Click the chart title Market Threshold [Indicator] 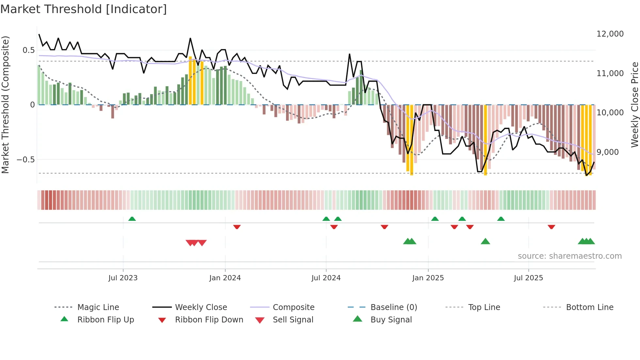coord(84,9)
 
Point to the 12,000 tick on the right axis coord(610,34)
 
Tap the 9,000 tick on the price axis coord(607,152)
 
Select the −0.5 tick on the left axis coord(25,160)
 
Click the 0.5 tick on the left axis coord(28,50)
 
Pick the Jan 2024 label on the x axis coord(225,278)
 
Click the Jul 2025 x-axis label coord(528,278)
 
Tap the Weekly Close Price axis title coord(634,105)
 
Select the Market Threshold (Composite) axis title coord(5,105)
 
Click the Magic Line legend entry coord(98,307)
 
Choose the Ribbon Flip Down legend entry coord(209,320)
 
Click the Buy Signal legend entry coord(391,320)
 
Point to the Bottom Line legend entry coord(589,307)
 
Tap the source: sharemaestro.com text coord(569,256)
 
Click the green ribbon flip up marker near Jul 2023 coord(132,219)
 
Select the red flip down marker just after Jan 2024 coord(237,227)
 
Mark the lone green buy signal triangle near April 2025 coord(485,241)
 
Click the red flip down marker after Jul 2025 coord(551,227)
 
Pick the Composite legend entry coord(293,307)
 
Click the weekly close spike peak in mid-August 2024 coord(349,54)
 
